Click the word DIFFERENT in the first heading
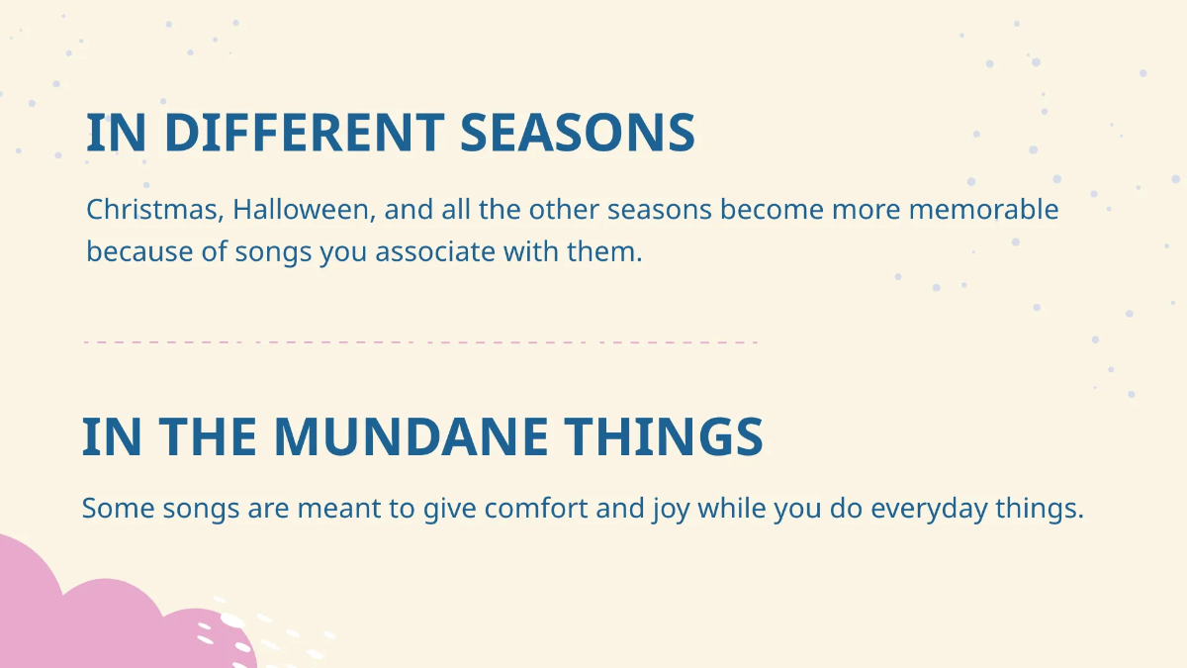coord(305,132)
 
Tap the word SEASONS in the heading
coord(578,132)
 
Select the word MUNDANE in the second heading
coord(411,436)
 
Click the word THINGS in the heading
coord(663,436)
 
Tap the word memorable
coord(984,210)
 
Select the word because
coord(139,251)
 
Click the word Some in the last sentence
coord(118,508)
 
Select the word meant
coord(339,508)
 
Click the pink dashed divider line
coord(420,342)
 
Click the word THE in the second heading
coord(208,436)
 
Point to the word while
coord(732,508)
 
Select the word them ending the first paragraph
coord(604,251)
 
